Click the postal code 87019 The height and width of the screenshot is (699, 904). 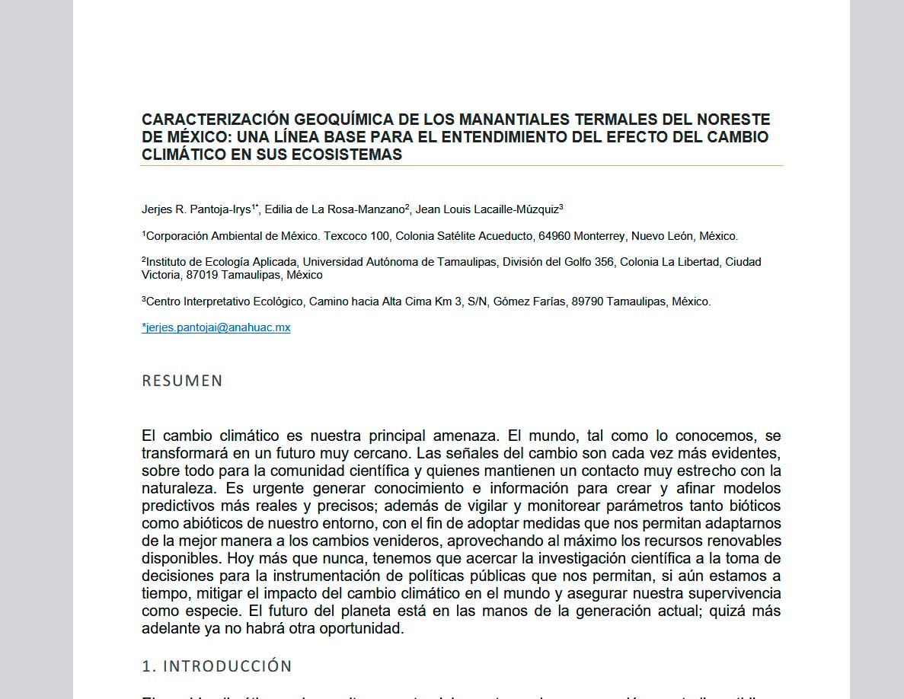pyautogui.click(x=202, y=275)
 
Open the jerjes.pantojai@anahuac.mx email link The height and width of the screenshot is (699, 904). pyautogui.click(x=216, y=327)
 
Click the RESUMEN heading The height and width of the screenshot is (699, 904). pyautogui.click(x=182, y=381)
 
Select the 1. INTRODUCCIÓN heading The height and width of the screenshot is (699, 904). pyautogui.click(x=217, y=666)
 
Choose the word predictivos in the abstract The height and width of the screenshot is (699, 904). pyautogui.click(x=180, y=506)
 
